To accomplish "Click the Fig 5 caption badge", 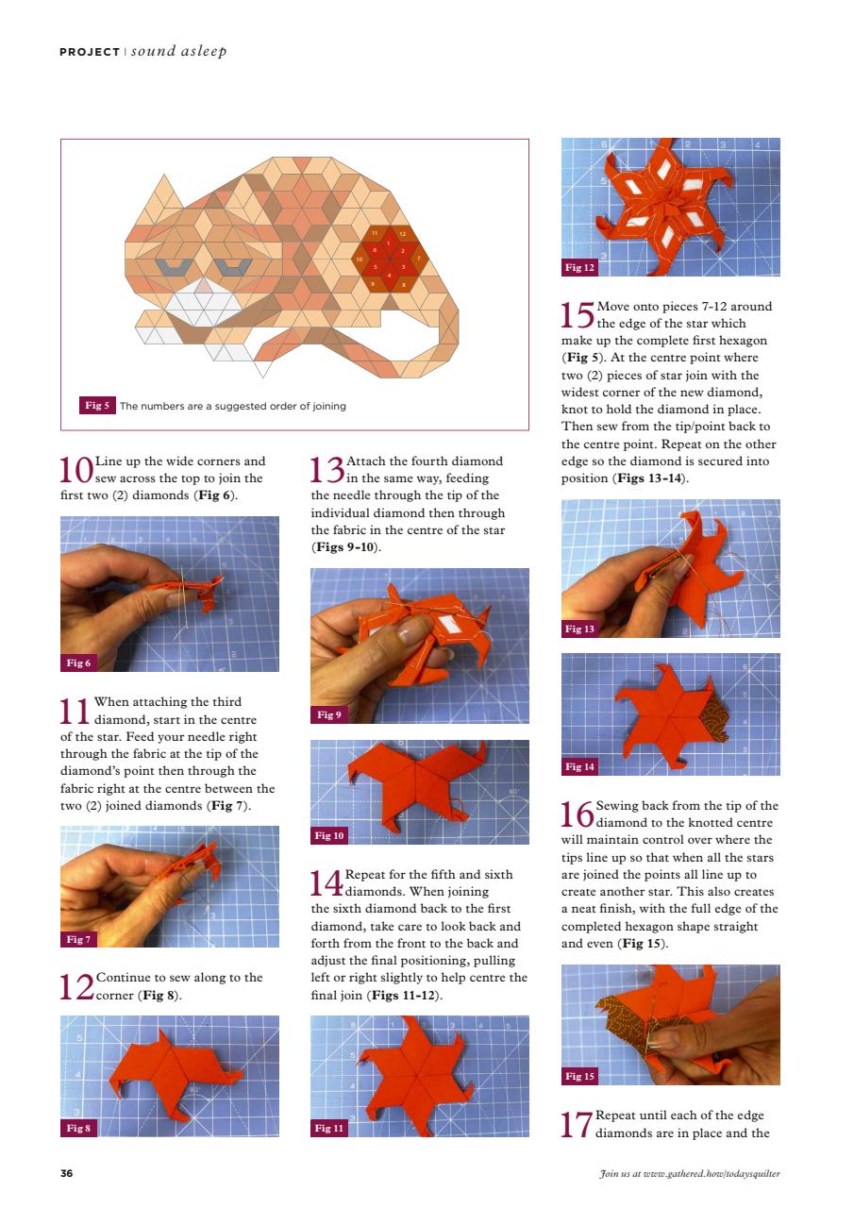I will pos(97,406).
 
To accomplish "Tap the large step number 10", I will pos(76,470).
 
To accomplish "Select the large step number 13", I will pos(327,470).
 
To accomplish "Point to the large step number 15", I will pos(578,315).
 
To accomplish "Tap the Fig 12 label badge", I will pos(579,268).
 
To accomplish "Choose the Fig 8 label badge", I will pos(78,1128).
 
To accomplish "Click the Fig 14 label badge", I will pos(579,766).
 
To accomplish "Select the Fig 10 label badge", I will pos(329,835).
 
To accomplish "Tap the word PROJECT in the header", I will pos(90,51).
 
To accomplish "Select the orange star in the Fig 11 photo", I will pos(419,1076).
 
